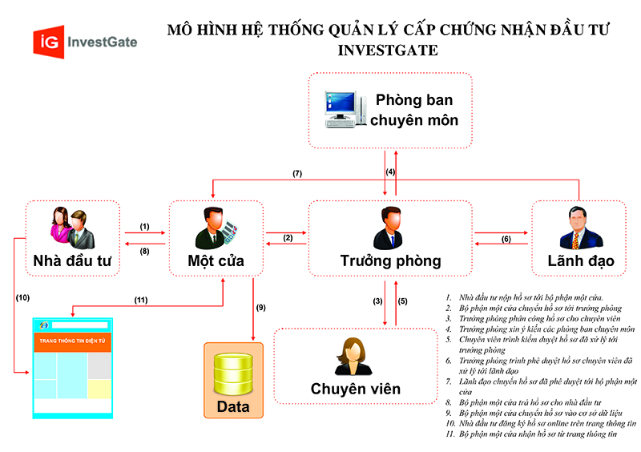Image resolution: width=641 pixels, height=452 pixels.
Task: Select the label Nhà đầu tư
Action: click(x=72, y=260)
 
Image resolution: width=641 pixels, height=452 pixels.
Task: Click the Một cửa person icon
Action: click(x=214, y=228)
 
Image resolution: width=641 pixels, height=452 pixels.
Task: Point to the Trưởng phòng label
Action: click(x=390, y=260)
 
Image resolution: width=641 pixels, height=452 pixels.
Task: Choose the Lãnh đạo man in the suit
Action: click(x=579, y=228)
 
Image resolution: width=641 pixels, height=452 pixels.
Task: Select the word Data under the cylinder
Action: click(x=233, y=406)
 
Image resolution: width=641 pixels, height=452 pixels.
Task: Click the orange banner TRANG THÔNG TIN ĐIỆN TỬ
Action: click(x=72, y=343)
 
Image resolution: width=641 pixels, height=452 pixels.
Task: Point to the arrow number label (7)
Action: click(x=296, y=174)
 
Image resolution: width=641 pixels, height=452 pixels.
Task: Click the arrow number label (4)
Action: click(x=390, y=172)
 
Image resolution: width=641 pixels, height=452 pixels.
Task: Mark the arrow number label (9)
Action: click(x=260, y=307)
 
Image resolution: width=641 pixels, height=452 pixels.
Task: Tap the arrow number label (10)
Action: click(x=23, y=298)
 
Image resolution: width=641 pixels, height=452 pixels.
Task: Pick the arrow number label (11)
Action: click(x=141, y=301)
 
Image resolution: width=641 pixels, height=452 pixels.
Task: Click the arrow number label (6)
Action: click(x=506, y=239)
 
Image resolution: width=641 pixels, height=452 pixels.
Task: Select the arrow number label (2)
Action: click(x=288, y=237)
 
